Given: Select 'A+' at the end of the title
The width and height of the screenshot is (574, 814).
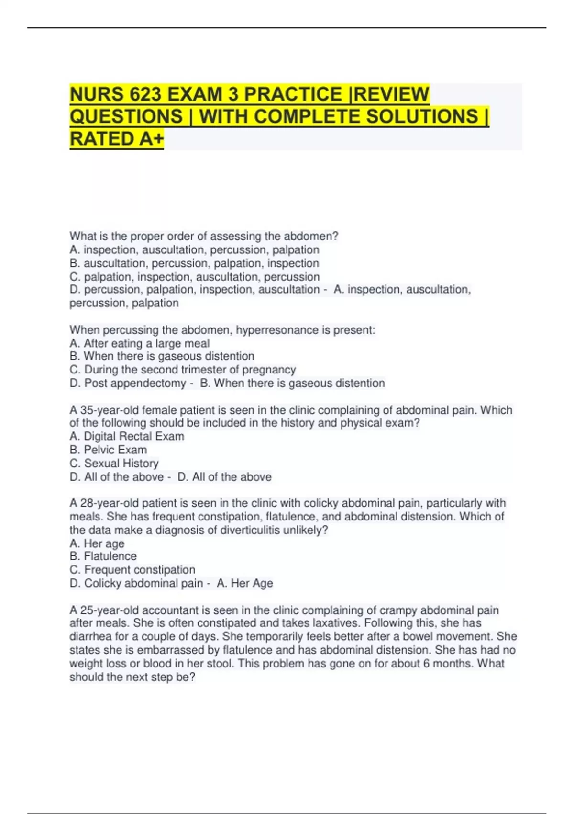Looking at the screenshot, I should coord(152,139).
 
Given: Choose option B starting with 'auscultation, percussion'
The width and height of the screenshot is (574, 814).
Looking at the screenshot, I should coord(194,263).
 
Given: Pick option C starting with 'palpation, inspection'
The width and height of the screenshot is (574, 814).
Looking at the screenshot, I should coord(195,277).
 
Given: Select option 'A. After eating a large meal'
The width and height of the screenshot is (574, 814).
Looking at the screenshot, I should coord(140,343).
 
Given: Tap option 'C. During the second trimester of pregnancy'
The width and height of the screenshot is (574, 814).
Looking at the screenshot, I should coord(183,370).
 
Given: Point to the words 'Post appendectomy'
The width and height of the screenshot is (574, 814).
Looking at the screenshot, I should coord(135,383).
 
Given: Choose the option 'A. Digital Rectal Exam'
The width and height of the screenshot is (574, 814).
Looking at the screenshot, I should coord(127,436).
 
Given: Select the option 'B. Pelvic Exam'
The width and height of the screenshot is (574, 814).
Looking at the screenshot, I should coord(108,450).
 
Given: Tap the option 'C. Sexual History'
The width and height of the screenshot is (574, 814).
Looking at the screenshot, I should coord(114,463).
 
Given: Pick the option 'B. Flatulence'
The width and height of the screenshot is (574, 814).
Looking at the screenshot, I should coord(103,556).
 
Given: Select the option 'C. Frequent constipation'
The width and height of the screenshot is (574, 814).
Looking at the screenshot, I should coord(132,570).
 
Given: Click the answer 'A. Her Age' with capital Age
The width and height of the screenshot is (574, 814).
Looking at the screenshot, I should coord(245,583).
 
